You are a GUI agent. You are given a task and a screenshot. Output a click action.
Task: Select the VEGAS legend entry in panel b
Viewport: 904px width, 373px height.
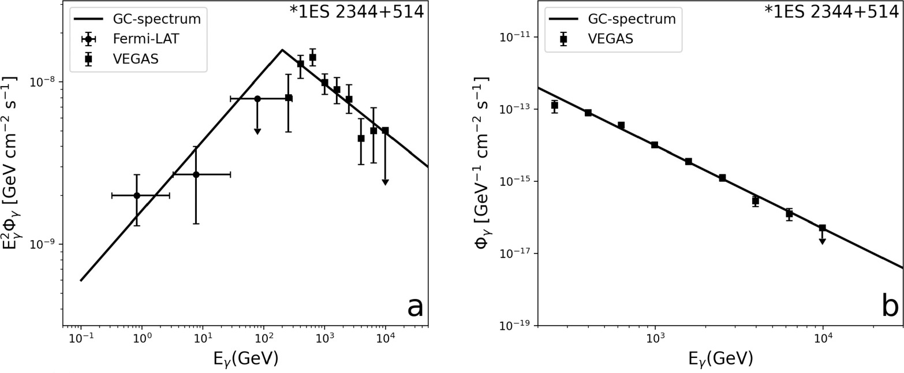[x=610, y=39]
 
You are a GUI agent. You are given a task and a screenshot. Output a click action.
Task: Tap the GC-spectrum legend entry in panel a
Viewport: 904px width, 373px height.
[x=156, y=18]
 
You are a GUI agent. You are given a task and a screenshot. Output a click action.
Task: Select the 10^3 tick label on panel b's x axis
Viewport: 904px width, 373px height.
[x=655, y=340]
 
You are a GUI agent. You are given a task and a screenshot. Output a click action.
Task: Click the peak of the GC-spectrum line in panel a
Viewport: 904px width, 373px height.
[x=282, y=50]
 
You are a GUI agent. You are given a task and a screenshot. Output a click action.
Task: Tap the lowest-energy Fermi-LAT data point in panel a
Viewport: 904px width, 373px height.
[x=137, y=195]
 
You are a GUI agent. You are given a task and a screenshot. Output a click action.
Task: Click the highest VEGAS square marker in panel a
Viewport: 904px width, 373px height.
[x=312, y=57]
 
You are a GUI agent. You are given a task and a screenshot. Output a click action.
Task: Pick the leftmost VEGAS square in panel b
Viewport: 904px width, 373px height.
[x=554, y=105]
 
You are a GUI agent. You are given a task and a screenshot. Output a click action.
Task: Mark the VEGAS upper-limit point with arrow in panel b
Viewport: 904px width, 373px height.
[x=822, y=228]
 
